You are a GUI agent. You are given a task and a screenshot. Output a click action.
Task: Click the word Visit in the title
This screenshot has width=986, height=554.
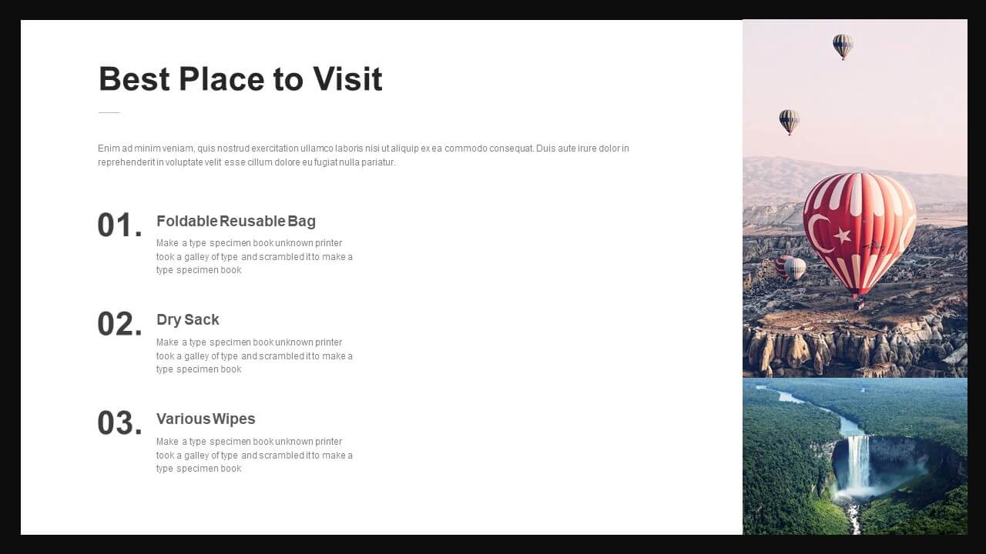click(347, 79)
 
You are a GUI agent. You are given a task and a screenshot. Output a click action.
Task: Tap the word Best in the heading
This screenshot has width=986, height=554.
click(134, 79)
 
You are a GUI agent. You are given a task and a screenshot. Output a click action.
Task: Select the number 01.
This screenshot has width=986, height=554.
click(119, 225)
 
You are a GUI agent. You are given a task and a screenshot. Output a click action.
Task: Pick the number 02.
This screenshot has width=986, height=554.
click(119, 324)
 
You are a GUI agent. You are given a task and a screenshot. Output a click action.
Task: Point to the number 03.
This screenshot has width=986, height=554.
click(119, 423)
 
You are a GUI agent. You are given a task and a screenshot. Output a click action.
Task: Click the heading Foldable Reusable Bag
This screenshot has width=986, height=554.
click(236, 221)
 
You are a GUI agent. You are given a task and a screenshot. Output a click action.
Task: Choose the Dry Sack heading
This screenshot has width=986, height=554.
click(187, 319)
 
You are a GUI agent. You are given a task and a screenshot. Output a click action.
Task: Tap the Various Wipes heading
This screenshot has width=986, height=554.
click(206, 419)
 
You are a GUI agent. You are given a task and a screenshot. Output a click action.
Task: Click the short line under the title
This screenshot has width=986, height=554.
click(109, 112)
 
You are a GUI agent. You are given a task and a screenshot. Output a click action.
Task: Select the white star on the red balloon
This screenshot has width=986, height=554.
click(843, 235)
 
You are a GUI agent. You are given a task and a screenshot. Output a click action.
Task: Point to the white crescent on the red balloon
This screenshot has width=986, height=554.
click(817, 233)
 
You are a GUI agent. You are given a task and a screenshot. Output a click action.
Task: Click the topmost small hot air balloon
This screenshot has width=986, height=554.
click(843, 45)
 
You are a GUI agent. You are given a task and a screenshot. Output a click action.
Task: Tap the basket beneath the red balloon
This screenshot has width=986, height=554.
click(859, 303)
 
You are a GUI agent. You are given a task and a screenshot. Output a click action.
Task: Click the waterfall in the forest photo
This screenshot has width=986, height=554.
click(857, 467)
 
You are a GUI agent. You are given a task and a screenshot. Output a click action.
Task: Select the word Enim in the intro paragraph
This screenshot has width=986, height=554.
click(109, 149)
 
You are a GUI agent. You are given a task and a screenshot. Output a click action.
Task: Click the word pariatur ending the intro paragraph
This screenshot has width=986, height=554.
click(378, 162)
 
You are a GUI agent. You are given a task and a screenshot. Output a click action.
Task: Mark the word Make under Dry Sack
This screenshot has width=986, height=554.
click(167, 342)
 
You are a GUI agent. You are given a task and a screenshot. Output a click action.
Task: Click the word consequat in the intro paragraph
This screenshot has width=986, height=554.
click(511, 149)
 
